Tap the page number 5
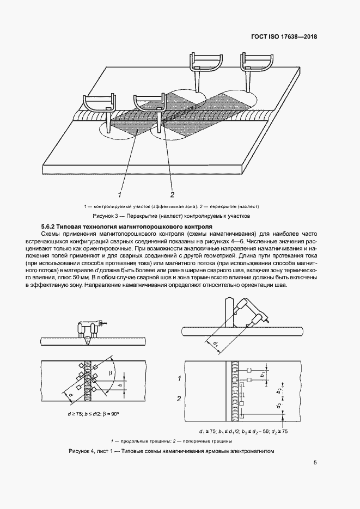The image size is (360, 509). click(315, 463)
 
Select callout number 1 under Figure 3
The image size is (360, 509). click(120, 194)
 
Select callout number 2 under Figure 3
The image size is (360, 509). click(172, 194)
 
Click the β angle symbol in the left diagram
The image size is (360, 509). click(110, 373)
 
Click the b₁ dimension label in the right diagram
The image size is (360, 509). click(262, 375)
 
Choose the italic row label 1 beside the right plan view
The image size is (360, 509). click(179, 377)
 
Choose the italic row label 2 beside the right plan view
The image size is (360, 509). click(179, 399)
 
